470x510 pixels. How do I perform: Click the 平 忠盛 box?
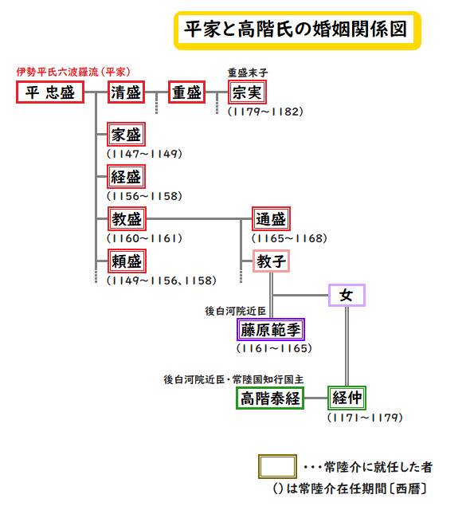pos(50,92)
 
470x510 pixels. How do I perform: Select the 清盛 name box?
pos(126,92)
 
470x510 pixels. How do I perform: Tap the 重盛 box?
pos(187,92)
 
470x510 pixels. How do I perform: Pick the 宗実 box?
pos(248,92)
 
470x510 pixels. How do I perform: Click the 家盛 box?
pos(126,135)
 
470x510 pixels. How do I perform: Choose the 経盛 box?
pos(126,177)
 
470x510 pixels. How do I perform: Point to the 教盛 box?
pos(127,219)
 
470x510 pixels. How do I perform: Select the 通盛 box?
pos(271,219)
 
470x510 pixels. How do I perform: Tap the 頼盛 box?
pos(127,261)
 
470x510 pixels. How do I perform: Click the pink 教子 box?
pos(271,261)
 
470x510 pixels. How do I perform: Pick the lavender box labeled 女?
pos(347,296)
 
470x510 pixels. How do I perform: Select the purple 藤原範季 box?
pos(271,330)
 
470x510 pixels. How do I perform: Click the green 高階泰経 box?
pos(270,398)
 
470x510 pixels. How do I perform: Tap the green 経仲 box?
pos(347,398)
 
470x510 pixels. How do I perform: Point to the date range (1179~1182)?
pos(265,112)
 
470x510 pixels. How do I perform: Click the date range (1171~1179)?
pos(365,418)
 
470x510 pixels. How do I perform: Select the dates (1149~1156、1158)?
pos(162,280)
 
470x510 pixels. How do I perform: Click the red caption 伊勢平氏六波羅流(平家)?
pos(73,72)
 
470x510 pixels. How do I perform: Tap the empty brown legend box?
pos(277,467)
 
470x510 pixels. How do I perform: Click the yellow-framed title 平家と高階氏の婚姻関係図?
pos(297,30)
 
